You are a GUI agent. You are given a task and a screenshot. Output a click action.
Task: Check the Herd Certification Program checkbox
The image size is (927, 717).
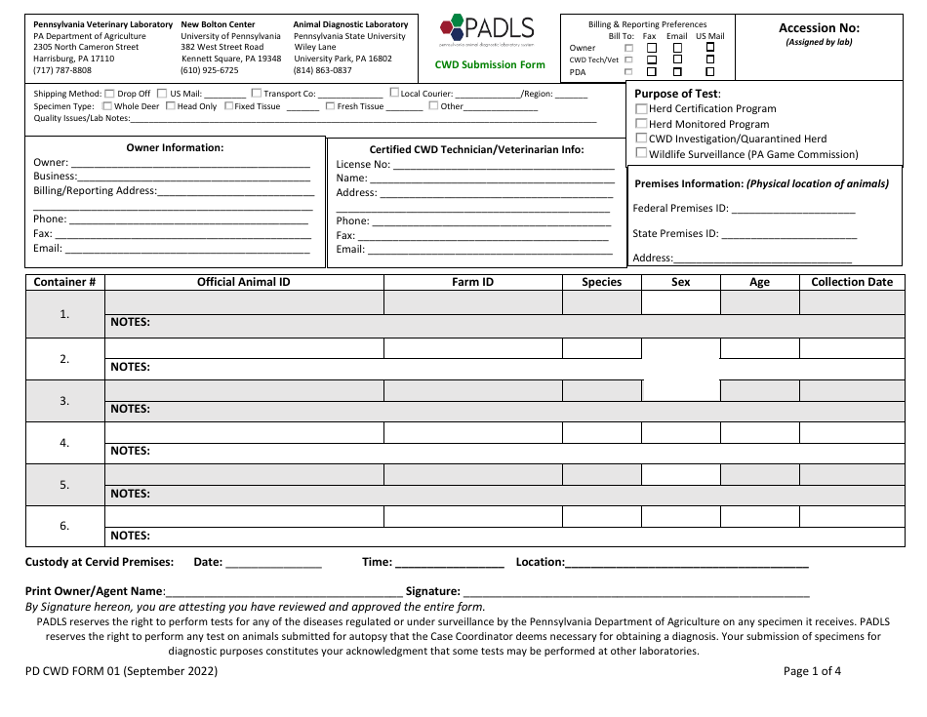pyautogui.click(x=641, y=109)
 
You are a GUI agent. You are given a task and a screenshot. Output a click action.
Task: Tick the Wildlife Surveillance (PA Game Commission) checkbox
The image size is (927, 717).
pyautogui.click(x=641, y=153)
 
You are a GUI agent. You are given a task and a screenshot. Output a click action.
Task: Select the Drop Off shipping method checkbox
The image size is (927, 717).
pyautogui.click(x=109, y=94)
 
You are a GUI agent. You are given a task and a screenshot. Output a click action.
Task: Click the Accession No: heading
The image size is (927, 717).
pyautogui.click(x=819, y=28)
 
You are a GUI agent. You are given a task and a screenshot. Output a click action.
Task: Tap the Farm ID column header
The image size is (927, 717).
pyautogui.click(x=472, y=282)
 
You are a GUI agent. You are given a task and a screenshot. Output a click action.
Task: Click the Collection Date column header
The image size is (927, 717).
pyautogui.click(x=851, y=282)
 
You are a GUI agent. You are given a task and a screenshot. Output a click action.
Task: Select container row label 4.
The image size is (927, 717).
pyautogui.click(x=64, y=443)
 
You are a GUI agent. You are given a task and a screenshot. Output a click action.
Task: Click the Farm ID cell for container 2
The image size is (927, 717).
pyautogui.click(x=472, y=348)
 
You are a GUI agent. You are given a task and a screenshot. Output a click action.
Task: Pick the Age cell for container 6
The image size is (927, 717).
pyautogui.click(x=759, y=516)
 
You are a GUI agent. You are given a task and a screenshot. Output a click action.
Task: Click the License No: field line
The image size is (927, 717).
pyautogui.click(x=503, y=166)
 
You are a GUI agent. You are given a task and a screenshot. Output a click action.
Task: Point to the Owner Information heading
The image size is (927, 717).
pyautogui.click(x=175, y=148)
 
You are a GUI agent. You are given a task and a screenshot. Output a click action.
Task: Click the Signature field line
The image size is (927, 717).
pyautogui.click(x=636, y=592)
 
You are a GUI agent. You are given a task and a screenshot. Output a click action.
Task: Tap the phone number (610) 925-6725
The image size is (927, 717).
pyautogui.click(x=209, y=70)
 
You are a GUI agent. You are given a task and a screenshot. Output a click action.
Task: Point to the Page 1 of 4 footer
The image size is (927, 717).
pyautogui.click(x=812, y=671)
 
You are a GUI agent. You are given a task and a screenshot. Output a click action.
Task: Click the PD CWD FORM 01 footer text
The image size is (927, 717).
pyautogui.click(x=121, y=671)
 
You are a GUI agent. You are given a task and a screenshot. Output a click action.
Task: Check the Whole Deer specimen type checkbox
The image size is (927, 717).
pyautogui.click(x=108, y=106)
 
